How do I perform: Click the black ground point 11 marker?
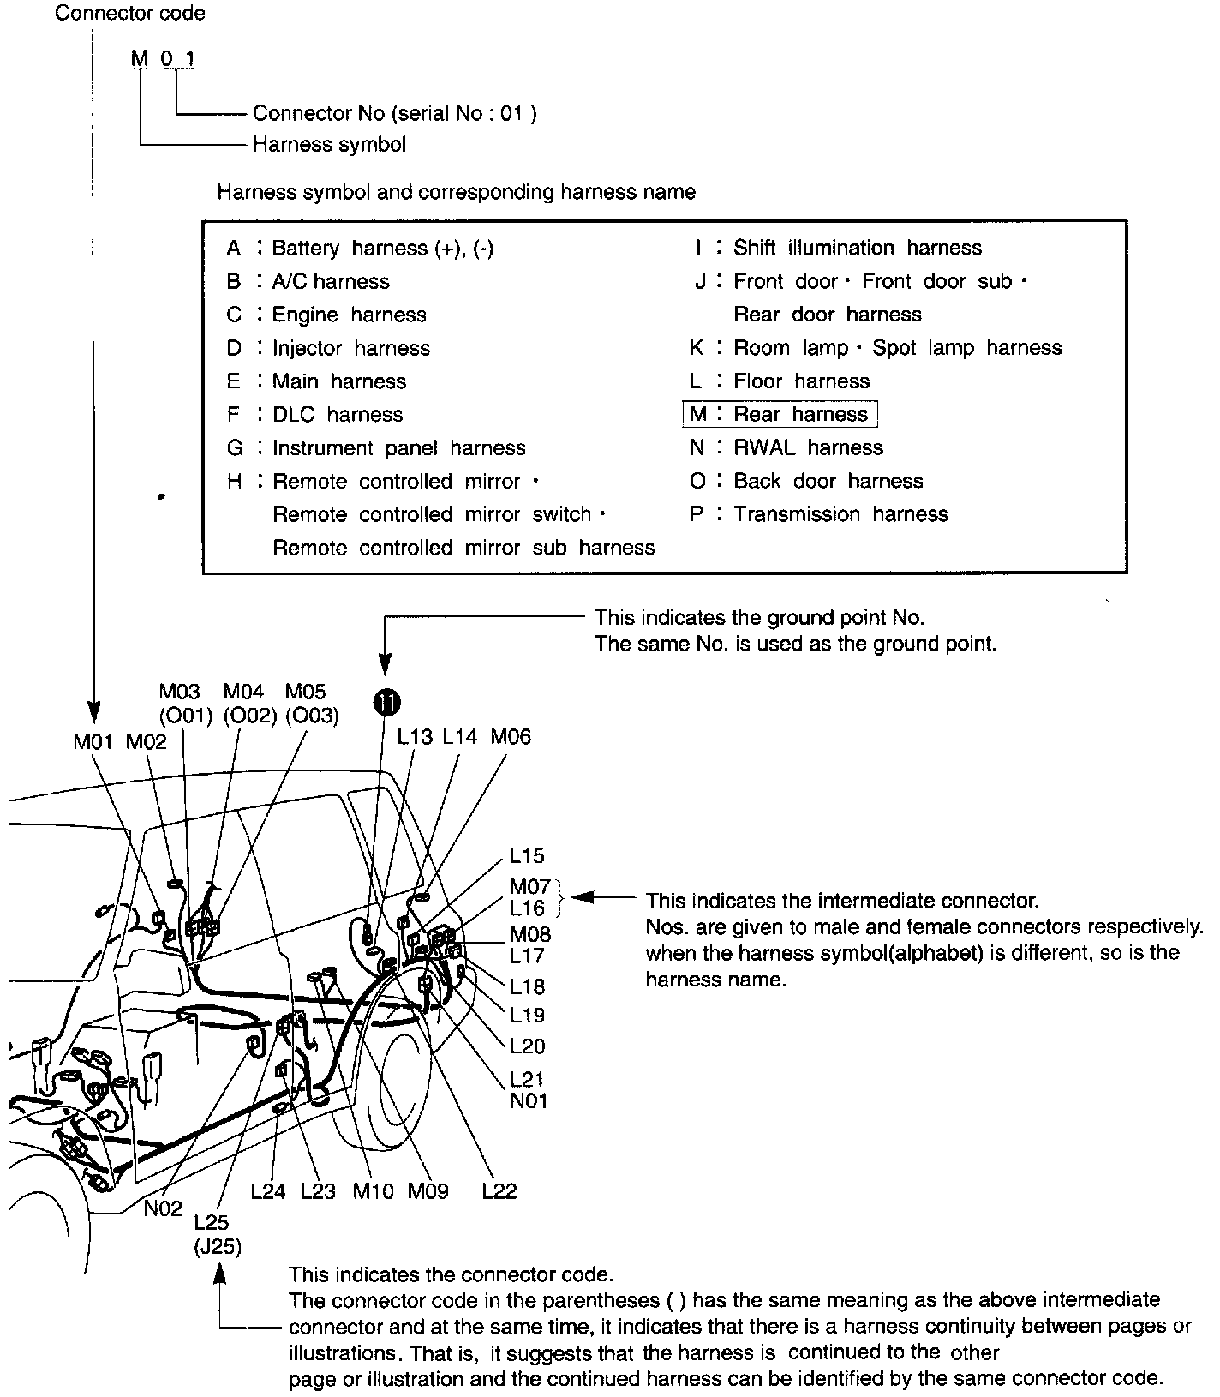click(386, 702)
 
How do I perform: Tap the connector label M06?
click(511, 737)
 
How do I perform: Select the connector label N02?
click(163, 1208)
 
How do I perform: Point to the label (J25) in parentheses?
click(218, 1246)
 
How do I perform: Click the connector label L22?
click(499, 1191)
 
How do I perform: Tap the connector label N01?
click(529, 1100)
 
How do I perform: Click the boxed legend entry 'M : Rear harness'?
click(780, 415)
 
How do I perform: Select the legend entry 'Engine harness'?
click(349, 315)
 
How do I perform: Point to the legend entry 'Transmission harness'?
click(840, 514)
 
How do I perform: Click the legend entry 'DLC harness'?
click(337, 415)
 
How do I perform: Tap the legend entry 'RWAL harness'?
click(808, 447)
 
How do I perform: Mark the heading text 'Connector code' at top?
click(130, 14)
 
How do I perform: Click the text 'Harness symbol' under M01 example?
click(329, 144)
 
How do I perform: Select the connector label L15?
click(527, 855)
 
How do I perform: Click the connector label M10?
click(374, 1191)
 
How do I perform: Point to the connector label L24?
click(268, 1191)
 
